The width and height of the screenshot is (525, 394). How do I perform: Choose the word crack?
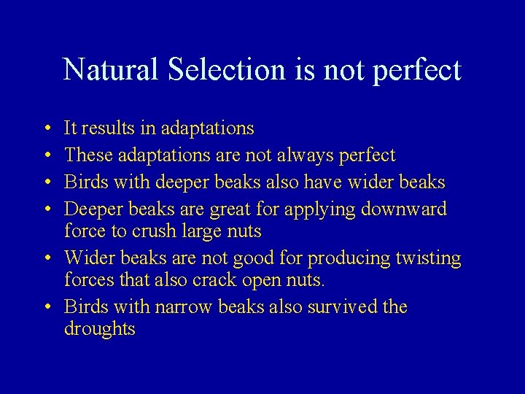point(217,280)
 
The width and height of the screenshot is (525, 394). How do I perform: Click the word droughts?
point(100,329)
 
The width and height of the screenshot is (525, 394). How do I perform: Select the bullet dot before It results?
point(47,129)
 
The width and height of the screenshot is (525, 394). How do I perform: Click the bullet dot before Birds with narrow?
point(47,307)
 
